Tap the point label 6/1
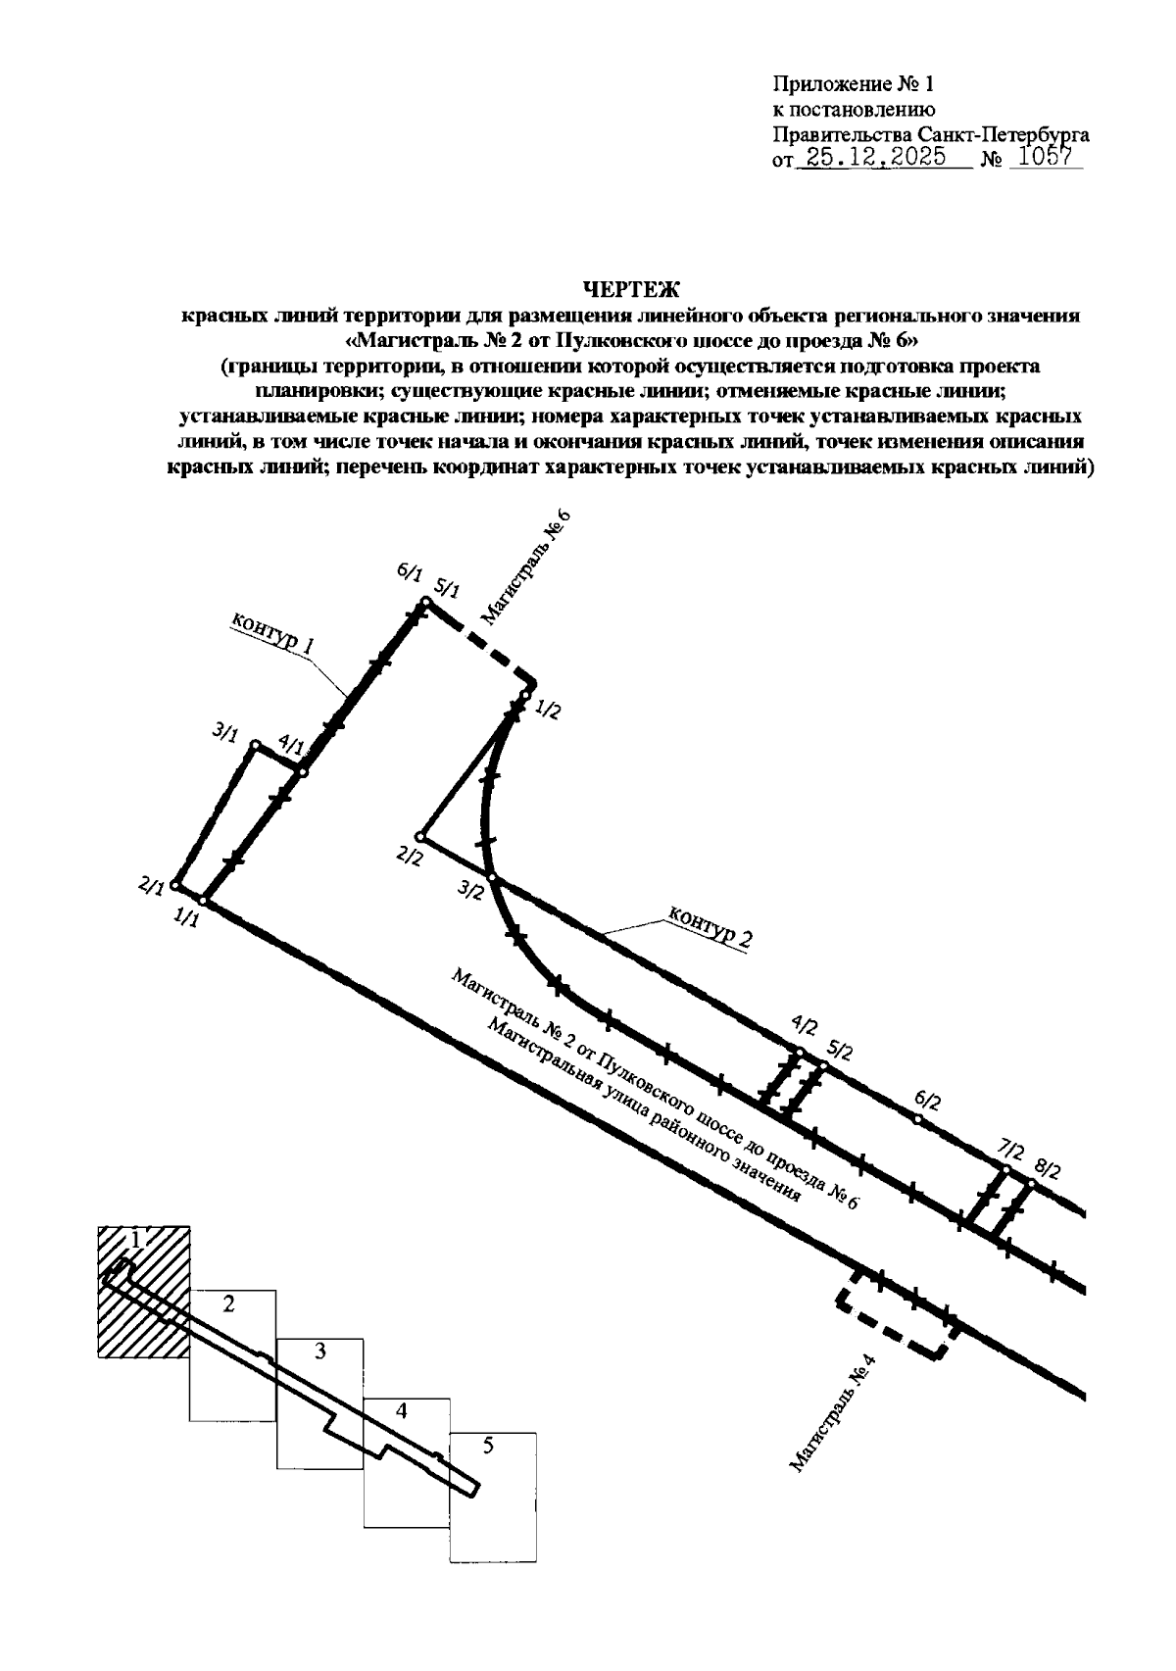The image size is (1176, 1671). click(409, 575)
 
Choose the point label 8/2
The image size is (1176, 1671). click(1048, 1169)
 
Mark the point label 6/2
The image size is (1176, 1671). click(927, 1101)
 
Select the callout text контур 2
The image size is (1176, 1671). click(711, 927)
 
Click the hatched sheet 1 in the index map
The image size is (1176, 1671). click(143, 1292)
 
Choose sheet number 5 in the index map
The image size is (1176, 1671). click(488, 1446)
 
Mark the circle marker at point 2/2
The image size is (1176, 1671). click(419, 837)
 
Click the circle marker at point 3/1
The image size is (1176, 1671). click(255, 747)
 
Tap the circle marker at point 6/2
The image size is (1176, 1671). click(917, 1119)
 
